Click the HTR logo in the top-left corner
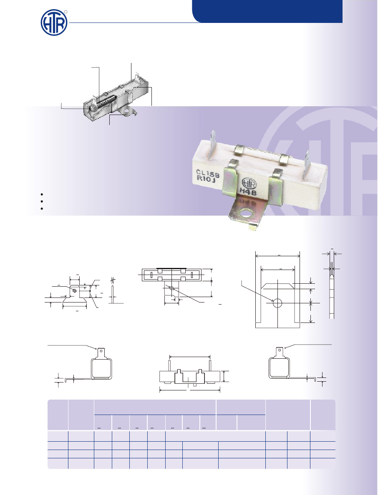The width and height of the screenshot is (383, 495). pos(54,22)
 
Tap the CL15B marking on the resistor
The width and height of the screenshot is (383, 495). pos(208,174)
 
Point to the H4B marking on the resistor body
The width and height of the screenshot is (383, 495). pos(248,191)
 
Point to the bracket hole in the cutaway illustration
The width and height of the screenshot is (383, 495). pos(127,111)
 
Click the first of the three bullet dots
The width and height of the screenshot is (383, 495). pos(42,195)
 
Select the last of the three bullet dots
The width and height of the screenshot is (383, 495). pos(42,208)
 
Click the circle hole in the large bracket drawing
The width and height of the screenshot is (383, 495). pos(277,303)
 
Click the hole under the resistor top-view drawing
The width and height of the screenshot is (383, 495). pos(171,288)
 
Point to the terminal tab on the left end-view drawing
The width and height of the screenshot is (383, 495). pos(101,352)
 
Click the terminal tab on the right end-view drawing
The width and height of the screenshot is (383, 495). pos(279,352)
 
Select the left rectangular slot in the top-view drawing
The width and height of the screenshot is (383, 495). pos(151,275)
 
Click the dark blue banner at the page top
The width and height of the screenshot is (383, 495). pos(267,11)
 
